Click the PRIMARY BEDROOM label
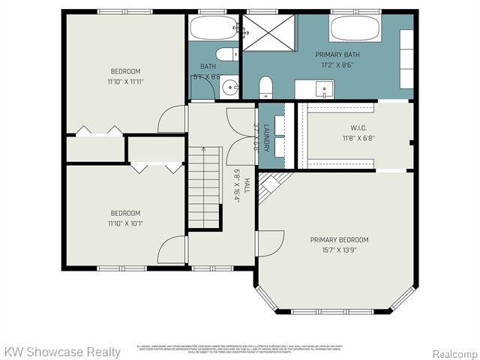(339, 240)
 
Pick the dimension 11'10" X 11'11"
(125, 82)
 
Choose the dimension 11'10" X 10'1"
(125, 223)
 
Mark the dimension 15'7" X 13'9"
(339, 250)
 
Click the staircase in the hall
(204, 187)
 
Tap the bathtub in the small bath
(213, 28)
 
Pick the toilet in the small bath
(226, 54)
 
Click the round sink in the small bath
(228, 87)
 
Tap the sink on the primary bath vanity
(324, 89)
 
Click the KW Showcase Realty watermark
(62, 352)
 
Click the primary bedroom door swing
(270, 244)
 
